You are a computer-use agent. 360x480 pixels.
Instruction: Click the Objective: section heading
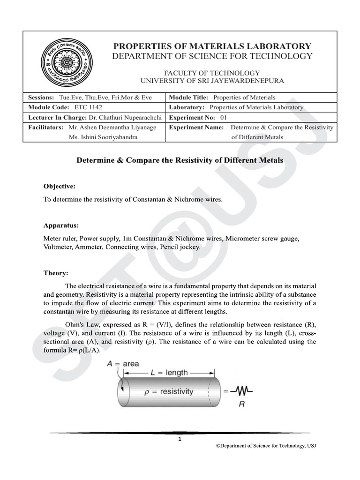[x=59, y=186]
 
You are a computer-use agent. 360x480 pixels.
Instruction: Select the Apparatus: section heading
[x=61, y=225]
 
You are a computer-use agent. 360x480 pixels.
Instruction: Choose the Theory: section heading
[x=56, y=273]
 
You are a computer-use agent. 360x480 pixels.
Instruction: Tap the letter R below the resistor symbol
[x=242, y=403]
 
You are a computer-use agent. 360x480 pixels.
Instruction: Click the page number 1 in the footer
[x=180, y=439]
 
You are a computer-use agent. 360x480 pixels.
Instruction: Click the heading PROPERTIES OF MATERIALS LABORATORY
[x=212, y=46]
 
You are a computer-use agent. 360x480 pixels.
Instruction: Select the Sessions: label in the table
[x=41, y=97]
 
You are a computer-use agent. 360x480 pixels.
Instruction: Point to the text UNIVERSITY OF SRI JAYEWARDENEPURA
[x=212, y=81]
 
